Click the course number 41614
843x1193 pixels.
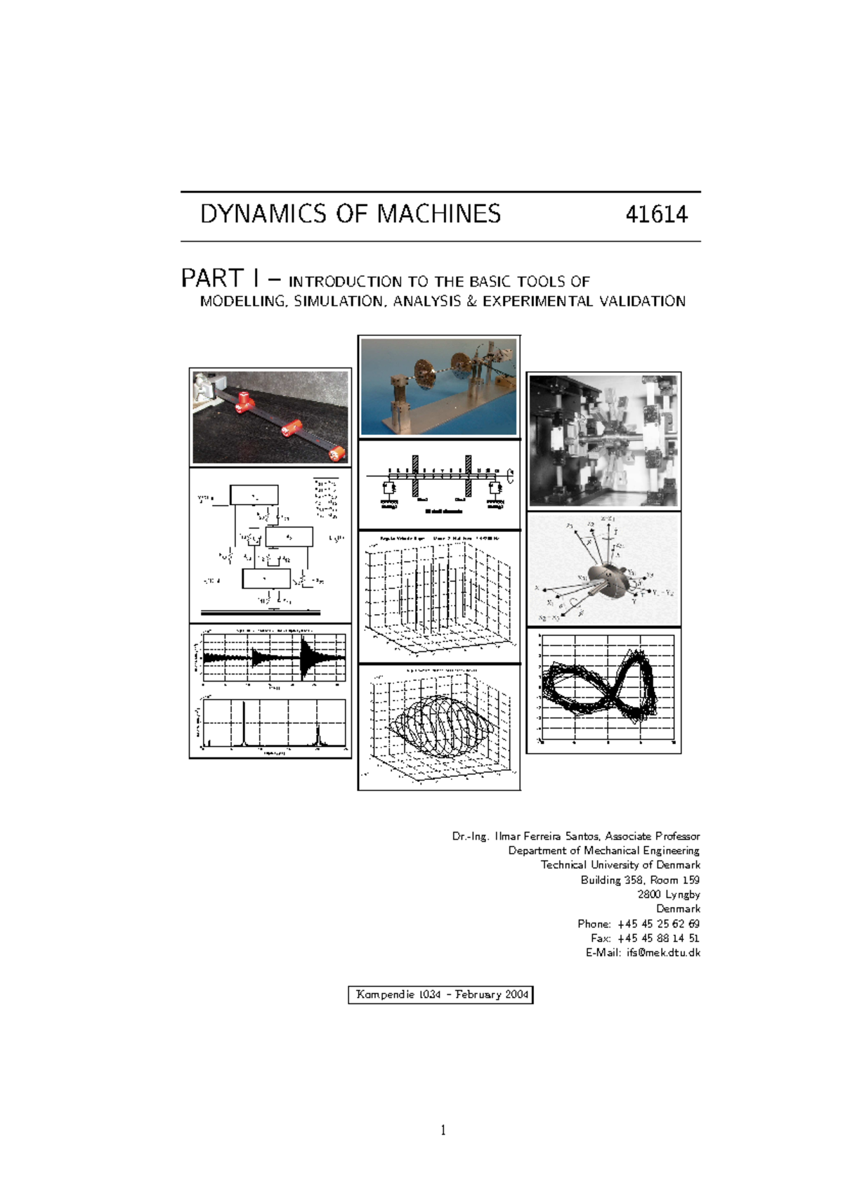[656, 214]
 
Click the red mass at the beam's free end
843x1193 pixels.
[338, 453]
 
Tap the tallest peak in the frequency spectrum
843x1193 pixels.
[243, 724]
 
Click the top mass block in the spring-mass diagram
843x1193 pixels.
[254, 495]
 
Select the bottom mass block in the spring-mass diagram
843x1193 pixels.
[266, 579]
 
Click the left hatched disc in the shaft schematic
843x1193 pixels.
[415, 475]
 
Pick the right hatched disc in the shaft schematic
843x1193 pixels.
[469, 475]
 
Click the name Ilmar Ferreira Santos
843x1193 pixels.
[547, 836]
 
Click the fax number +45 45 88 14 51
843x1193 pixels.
[658, 938]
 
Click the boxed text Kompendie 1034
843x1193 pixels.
[398, 995]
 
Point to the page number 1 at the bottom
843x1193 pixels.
[443, 1130]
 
